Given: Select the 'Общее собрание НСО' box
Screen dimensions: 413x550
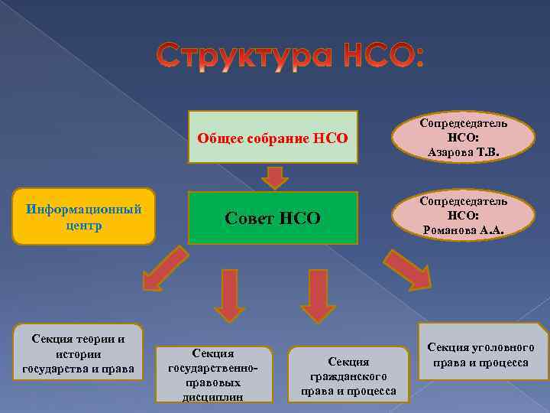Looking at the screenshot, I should click(273, 138).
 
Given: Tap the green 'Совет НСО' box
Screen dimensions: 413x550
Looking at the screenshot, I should click(273, 218).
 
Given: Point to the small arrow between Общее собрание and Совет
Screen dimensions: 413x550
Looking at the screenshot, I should click(274, 177).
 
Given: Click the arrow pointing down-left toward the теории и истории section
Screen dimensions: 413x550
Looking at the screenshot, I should click(163, 271).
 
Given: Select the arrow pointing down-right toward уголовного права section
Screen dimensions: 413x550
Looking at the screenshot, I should click(407, 271).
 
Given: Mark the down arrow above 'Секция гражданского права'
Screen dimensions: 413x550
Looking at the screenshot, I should click(318, 295).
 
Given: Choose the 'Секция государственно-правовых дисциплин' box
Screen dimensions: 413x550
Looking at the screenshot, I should click(215, 374).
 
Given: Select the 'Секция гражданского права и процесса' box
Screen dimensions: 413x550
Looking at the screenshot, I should click(348, 375).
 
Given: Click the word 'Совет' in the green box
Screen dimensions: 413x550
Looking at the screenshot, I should click(248, 218).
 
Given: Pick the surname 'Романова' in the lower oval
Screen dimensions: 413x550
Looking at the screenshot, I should click(450, 230).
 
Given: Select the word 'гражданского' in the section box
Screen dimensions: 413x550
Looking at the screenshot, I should click(348, 376).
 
